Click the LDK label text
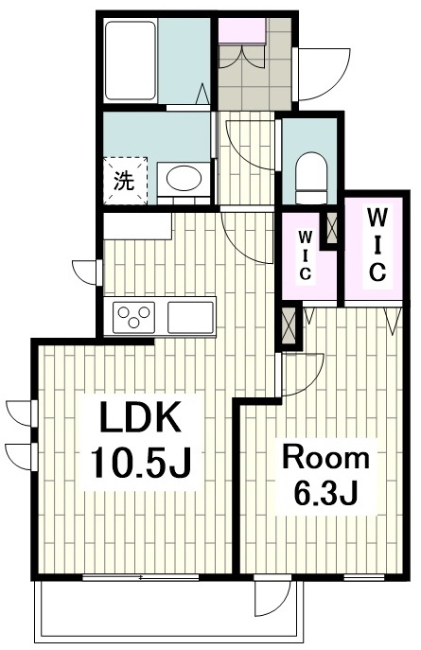(x=140, y=417)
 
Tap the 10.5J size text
(x=140, y=462)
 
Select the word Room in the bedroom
(x=325, y=458)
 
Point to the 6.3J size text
(x=325, y=492)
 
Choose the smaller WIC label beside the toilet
(x=305, y=255)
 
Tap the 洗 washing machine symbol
(x=125, y=181)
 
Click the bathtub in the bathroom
(x=131, y=61)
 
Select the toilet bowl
(x=311, y=178)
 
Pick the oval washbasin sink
(x=184, y=178)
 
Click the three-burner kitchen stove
(x=133, y=317)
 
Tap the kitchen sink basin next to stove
(x=190, y=317)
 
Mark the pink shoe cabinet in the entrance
(x=241, y=30)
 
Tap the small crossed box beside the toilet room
(x=332, y=228)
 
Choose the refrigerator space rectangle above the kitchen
(x=137, y=226)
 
